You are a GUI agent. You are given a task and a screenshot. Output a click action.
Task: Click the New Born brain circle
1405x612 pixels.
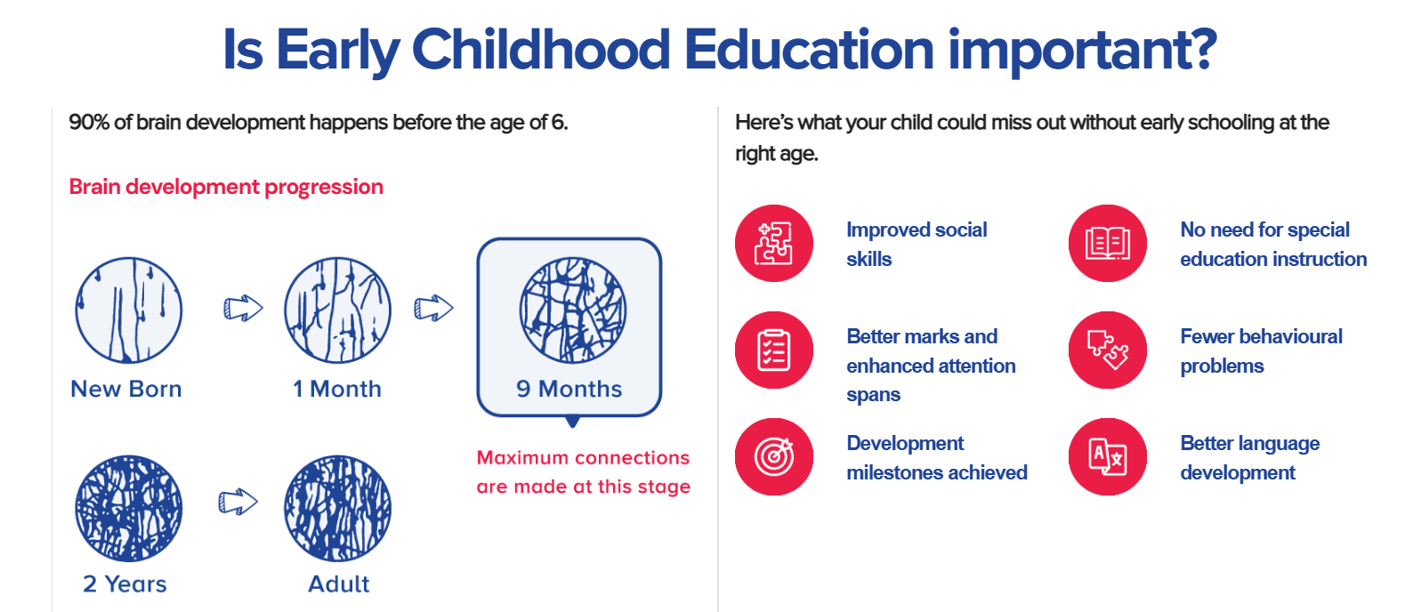[x=129, y=310]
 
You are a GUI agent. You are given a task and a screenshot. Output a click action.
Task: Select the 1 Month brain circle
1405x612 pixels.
[x=337, y=310]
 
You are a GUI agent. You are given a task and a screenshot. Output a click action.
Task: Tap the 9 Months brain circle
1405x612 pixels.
[x=573, y=310]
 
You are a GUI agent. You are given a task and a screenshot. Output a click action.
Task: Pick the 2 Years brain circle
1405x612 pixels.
[x=129, y=509]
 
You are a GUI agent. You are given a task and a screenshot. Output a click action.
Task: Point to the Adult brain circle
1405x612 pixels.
[x=337, y=509]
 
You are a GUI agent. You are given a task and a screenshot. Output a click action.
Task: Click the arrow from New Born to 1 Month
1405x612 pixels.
[x=244, y=308]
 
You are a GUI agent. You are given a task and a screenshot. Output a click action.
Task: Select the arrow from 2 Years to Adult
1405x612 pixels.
[x=238, y=502]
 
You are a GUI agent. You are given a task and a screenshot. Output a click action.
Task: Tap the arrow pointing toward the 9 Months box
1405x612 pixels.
[x=433, y=308]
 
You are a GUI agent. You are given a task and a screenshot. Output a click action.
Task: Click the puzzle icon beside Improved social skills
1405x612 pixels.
[x=774, y=244]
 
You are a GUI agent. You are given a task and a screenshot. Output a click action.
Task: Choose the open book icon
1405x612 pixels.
[x=1108, y=244]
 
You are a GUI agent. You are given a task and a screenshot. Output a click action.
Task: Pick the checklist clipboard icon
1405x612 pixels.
[x=774, y=350]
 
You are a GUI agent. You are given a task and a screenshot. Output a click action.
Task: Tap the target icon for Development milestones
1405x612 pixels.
[x=774, y=456]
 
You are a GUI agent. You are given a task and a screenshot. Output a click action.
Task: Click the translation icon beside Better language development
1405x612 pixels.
[x=1108, y=456]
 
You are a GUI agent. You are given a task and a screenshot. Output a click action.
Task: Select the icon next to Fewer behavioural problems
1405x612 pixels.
[x=1108, y=350]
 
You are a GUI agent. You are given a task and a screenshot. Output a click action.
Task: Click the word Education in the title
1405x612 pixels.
[x=809, y=50]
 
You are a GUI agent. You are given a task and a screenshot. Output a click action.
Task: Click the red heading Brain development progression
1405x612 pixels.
[x=226, y=187]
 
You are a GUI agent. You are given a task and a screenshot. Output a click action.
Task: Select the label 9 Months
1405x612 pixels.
[x=569, y=389]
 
